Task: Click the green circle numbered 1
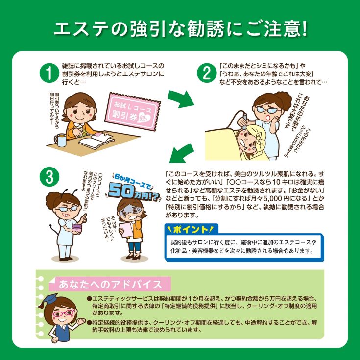click(x=49, y=73)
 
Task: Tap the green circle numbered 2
click(x=206, y=73)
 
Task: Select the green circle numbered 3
click(x=49, y=177)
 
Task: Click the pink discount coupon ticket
click(x=133, y=111)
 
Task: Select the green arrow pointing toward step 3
click(x=181, y=153)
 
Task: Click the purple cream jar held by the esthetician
click(x=77, y=229)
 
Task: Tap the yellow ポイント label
click(x=191, y=229)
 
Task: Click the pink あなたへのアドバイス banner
click(x=110, y=284)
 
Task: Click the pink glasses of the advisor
click(x=64, y=313)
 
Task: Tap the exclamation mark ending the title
click(x=304, y=29)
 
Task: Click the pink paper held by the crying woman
click(x=127, y=230)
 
